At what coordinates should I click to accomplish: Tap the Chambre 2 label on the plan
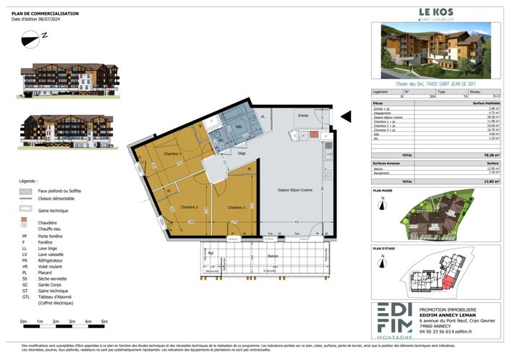tap(189, 207)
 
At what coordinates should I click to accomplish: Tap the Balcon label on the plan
tap(272, 256)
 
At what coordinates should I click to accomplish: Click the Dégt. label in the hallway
tap(242, 153)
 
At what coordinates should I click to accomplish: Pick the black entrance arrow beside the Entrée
tap(345, 115)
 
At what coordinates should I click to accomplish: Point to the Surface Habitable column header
tap(492, 103)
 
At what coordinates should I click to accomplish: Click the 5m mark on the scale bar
tap(104, 321)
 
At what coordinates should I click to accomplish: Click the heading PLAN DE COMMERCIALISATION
tap(46, 13)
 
